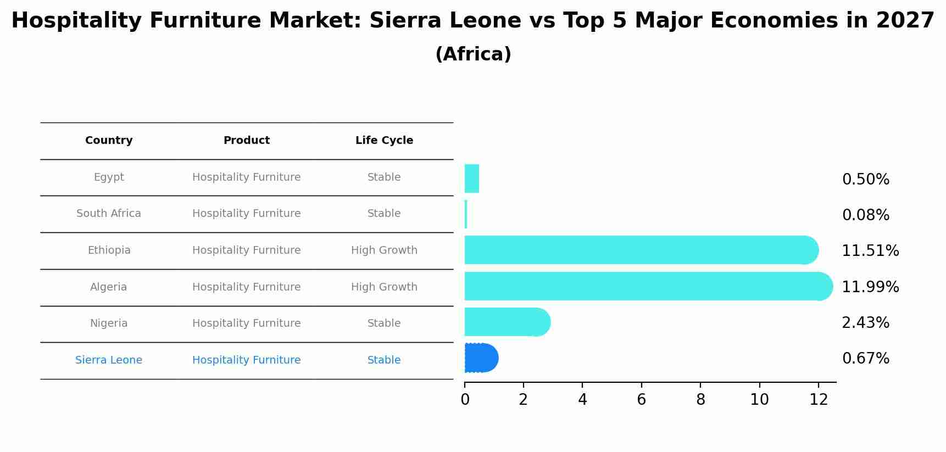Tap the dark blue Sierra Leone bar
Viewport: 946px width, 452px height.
coord(481,358)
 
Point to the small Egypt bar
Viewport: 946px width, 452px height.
coord(471,178)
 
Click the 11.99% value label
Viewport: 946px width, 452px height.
coord(870,287)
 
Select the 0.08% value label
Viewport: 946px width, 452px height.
coord(865,215)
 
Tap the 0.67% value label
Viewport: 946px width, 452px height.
coord(865,359)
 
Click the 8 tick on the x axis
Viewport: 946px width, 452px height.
coord(700,400)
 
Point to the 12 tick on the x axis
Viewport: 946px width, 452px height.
coord(819,400)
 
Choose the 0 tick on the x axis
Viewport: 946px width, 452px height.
coord(465,400)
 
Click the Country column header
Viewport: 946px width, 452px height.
coord(109,141)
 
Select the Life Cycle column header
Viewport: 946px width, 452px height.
coord(384,141)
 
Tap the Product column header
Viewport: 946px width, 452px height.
coord(246,141)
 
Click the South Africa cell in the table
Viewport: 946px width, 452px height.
coord(109,214)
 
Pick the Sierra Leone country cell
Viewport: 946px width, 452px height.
coord(109,360)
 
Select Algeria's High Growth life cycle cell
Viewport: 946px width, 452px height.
coord(384,287)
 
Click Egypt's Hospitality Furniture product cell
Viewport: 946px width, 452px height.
coord(246,177)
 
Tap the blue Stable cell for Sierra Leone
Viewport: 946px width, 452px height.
coord(384,360)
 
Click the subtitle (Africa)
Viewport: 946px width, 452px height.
coord(473,54)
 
